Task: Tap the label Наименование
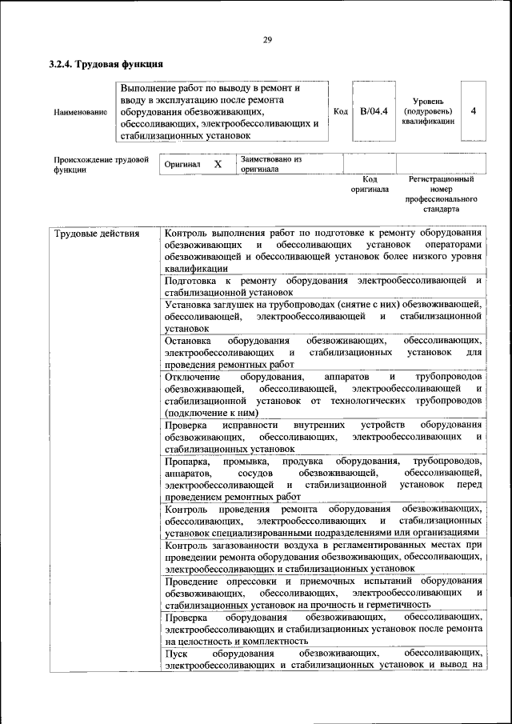click(x=80, y=112)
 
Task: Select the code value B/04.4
click(x=374, y=111)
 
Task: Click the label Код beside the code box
click(x=340, y=111)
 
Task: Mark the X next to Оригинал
click(x=217, y=164)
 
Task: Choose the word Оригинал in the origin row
click(x=182, y=164)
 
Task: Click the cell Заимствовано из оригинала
click(x=270, y=164)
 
